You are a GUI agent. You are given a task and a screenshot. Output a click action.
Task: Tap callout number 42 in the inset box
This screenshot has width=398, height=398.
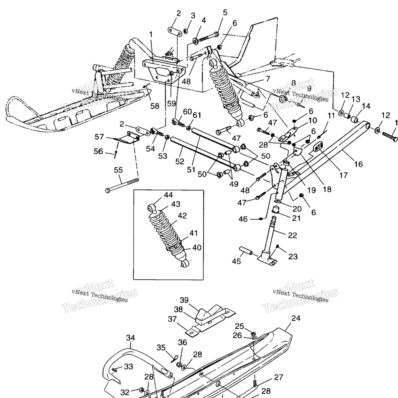[182, 216]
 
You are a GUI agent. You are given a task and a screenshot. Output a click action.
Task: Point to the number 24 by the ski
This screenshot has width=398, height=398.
[296, 318]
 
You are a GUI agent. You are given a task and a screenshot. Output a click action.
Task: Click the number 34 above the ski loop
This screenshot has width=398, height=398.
[130, 337]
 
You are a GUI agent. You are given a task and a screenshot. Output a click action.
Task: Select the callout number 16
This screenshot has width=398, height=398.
[359, 164]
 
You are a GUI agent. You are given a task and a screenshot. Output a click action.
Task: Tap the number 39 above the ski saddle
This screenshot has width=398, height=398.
[184, 300]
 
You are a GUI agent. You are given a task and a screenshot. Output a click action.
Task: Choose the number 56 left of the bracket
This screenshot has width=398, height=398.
[98, 152]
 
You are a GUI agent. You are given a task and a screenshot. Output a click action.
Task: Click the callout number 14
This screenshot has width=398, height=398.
[366, 106]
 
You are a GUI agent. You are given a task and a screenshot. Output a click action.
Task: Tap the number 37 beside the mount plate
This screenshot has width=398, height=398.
[172, 319]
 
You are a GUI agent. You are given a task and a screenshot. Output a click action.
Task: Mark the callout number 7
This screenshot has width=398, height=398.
[267, 78]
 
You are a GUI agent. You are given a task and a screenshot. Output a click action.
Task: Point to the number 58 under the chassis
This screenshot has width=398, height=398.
[155, 106]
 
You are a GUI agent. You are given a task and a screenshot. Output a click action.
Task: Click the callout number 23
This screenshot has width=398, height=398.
[293, 256]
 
